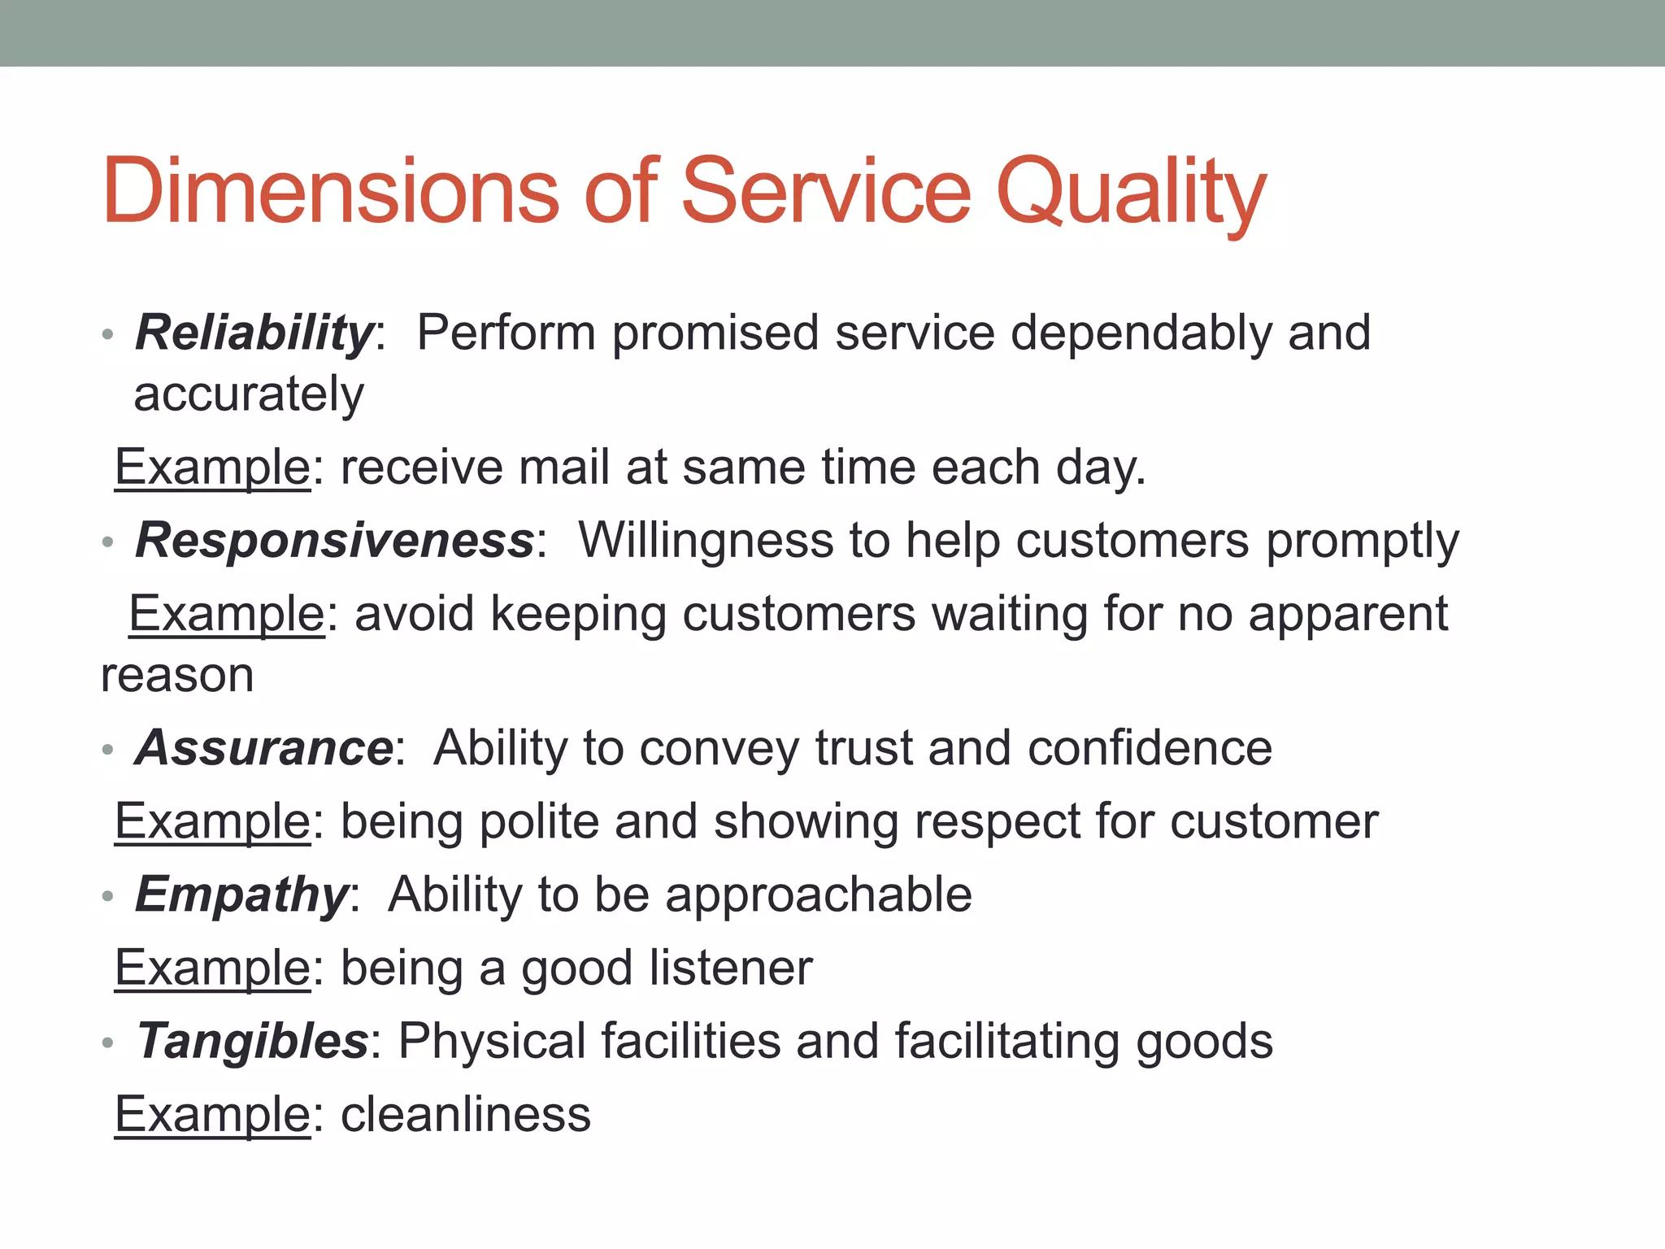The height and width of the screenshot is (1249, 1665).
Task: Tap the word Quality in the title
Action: (x=1130, y=193)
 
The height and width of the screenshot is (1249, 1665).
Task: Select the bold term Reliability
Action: (x=254, y=333)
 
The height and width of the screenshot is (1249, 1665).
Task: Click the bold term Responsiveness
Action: (x=334, y=540)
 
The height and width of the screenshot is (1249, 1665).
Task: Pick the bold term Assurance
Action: (x=264, y=747)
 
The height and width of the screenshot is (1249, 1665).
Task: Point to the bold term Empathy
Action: (x=241, y=894)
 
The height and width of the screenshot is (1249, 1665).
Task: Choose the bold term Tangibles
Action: (x=252, y=1041)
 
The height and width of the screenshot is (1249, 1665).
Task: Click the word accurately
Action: (x=249, y=395)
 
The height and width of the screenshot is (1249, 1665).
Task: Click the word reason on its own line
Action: (x=177, y=676)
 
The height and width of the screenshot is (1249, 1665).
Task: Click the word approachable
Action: (x=819, y=895)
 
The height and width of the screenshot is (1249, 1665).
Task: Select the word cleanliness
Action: (x=465, y=1114)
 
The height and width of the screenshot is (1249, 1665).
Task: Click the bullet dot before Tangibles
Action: (x=107, y=1042)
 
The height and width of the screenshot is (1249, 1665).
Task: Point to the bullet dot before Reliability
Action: (x=107, y=334)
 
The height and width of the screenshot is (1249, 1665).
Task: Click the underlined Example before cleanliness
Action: (x=212, y=1114)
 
